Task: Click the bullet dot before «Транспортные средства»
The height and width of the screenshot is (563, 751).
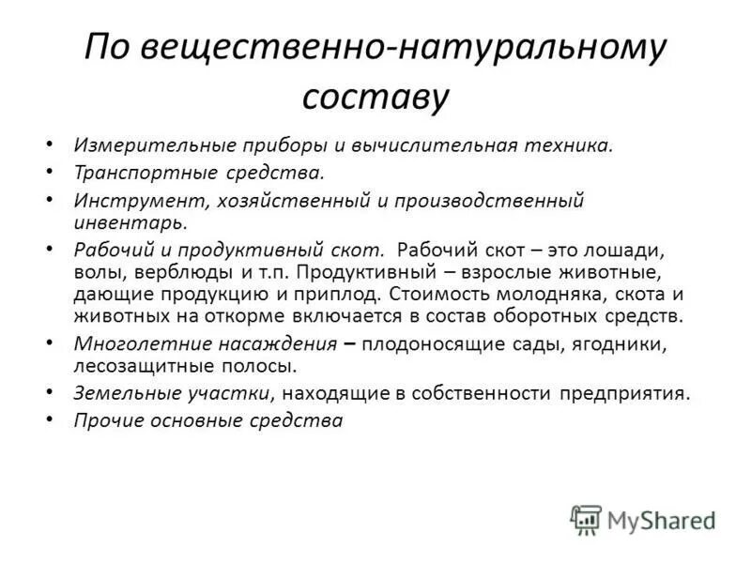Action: (x=49, y=174)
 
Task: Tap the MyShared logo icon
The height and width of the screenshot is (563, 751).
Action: (x=585, y=519)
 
